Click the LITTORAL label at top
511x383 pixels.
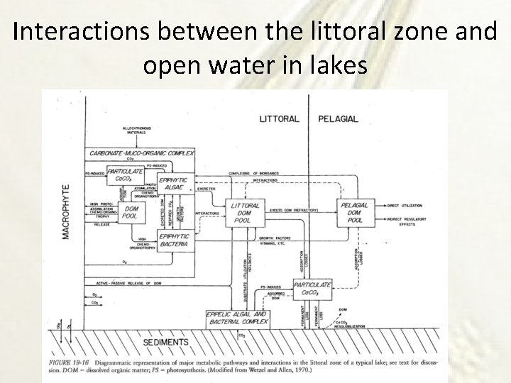coord(280,118)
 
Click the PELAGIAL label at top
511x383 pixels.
coord(339,118)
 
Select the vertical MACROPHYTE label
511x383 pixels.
coord(65,211)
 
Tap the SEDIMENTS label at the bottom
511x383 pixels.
coord(166,341)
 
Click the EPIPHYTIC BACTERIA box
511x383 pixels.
coord(174,240)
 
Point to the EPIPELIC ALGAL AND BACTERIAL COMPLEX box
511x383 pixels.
coord(238,318)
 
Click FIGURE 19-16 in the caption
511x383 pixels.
coord(68,360)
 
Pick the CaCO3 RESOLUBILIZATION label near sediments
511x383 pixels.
coord(350,324)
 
